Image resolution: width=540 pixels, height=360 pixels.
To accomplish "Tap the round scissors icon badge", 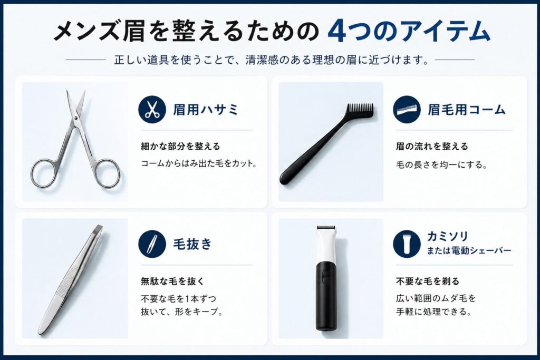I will click(x=152, y=110).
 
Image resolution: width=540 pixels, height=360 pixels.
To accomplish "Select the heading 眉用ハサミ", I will click(x=206, y=110).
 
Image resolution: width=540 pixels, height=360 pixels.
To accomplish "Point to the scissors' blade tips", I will click(x=75, y=95).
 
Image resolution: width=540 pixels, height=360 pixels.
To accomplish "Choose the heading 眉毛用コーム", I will click(x=467, y=110).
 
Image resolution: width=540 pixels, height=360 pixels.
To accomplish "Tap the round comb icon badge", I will click(x=407, y=110).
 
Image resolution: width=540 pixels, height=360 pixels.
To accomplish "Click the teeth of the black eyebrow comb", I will click(x=360, y=110).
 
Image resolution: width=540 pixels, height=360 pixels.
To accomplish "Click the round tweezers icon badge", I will click(x=152, y=244).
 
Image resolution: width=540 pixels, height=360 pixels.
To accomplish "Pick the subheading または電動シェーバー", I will click(x=469, y=250).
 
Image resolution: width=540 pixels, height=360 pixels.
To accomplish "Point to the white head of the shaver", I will click(x=326, y=242).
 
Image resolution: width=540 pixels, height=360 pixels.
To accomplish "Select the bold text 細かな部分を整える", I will click(x=180, y=146).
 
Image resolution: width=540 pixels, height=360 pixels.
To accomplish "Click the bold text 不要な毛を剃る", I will click(x=428, y=280).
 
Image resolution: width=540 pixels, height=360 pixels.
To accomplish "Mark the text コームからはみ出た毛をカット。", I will click(x=199, y=163).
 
